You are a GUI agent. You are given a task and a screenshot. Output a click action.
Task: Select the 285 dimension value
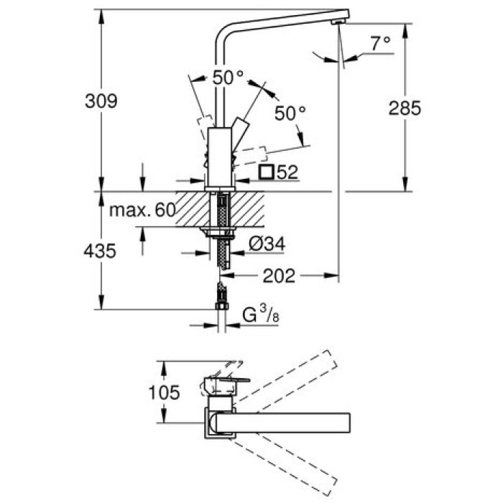[x=405, y=109]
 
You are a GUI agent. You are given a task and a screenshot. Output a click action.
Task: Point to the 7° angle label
[x=380, y=44]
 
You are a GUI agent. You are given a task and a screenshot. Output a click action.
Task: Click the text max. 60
[x=143, y=211]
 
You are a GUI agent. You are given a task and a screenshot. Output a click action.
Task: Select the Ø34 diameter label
[x=267, y=245]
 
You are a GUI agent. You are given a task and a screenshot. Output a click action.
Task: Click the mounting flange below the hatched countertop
[x=220, y=231]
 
